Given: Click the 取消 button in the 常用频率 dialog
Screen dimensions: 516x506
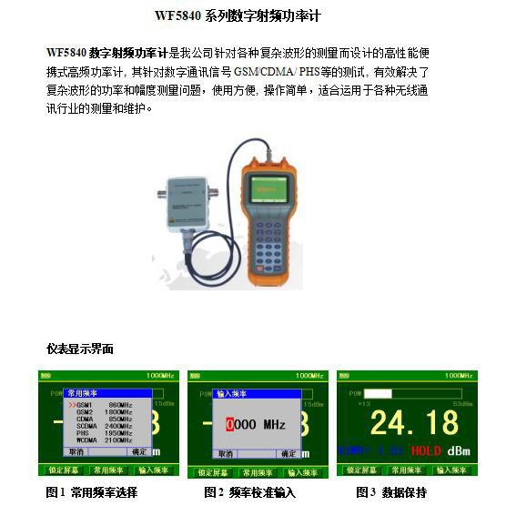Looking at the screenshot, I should tap(76, 451).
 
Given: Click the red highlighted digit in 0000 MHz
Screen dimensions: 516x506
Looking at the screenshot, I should tap(231, 425).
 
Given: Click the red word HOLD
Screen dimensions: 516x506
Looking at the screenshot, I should tap(426, 450).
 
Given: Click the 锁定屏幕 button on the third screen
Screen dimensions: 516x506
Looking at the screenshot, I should tap(361, 470).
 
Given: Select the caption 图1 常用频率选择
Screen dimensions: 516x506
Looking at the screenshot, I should tap(91, 493).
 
